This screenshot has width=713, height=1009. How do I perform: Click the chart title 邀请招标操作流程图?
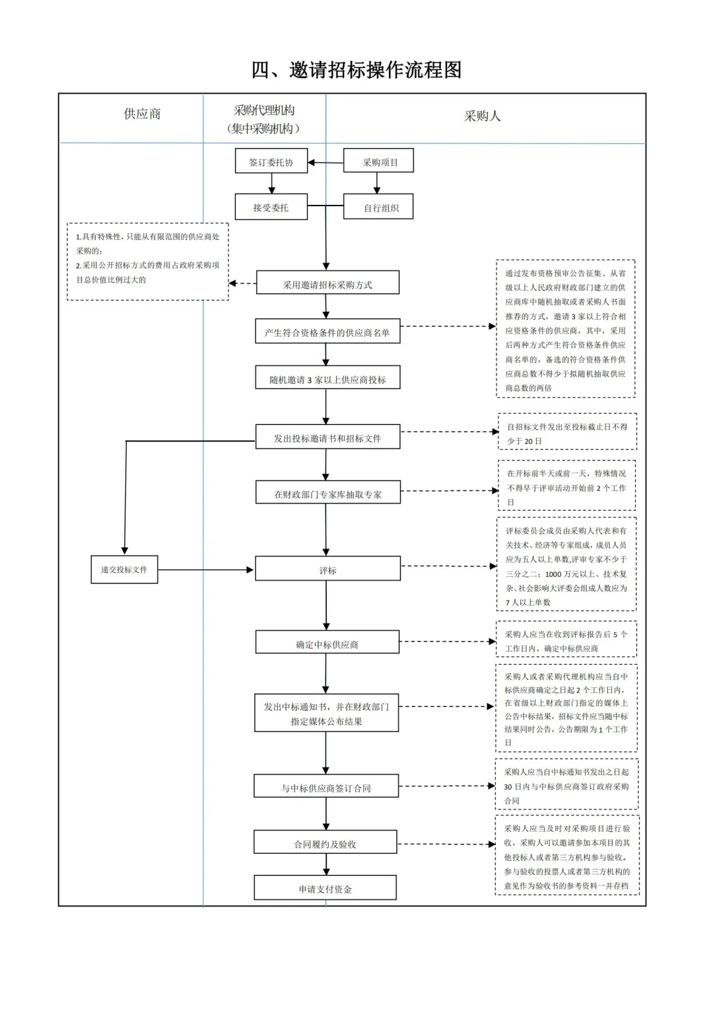(x=356, y=69)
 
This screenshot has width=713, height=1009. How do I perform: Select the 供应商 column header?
(x=142, y=114)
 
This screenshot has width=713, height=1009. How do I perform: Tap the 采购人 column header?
(x=482, y=116)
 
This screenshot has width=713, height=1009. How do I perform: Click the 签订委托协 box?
(x=271, y=162)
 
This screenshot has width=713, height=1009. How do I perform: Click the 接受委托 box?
(x=271, y=207)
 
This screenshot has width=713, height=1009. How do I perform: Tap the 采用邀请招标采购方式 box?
(x=327, y=284)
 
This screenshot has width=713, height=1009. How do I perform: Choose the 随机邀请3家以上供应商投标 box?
(x=327, y=379)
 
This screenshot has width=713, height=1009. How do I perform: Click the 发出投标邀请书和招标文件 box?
(x=327, y=437)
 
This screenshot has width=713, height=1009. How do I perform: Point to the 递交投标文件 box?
(x=124, y=570)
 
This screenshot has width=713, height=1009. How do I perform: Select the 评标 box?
(x=327, y=570)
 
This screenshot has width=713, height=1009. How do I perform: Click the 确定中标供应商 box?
(x=327, y=644)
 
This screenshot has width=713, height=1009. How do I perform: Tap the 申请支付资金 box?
(x=325, y=889)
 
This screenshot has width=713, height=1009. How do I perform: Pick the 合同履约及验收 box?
(x=325, y=844)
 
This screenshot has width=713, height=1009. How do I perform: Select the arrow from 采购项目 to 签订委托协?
(x=325, y=163)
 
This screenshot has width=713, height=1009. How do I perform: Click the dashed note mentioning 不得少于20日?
(x=567, y=433)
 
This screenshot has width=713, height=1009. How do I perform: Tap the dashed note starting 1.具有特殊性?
(x=148, y=261)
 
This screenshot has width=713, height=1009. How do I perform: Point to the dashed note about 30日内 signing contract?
(x=566, y=786)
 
